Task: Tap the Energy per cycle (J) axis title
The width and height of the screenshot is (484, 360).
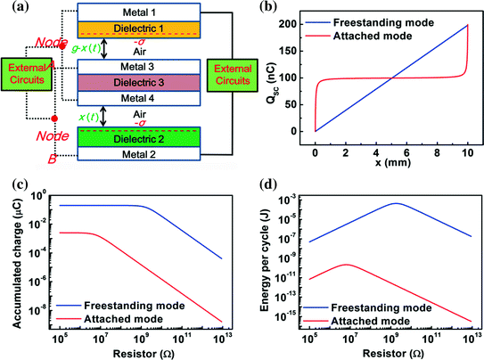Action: click(258, 258)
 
